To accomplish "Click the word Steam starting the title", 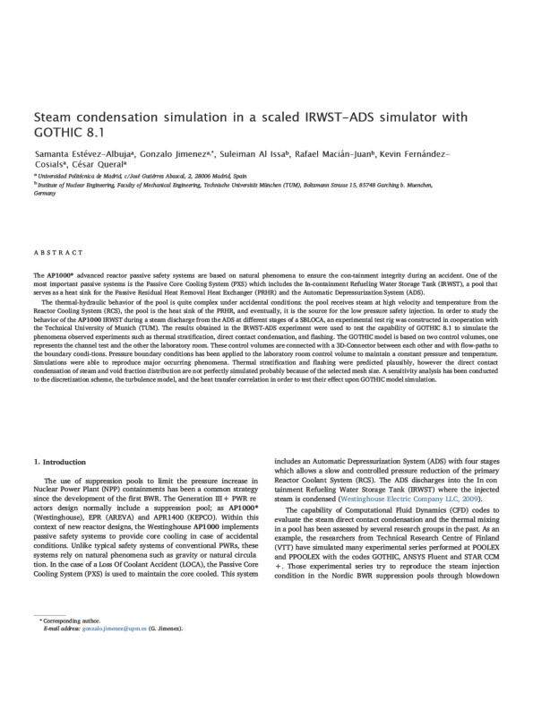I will pyautogui.click(x=55, y=117).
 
